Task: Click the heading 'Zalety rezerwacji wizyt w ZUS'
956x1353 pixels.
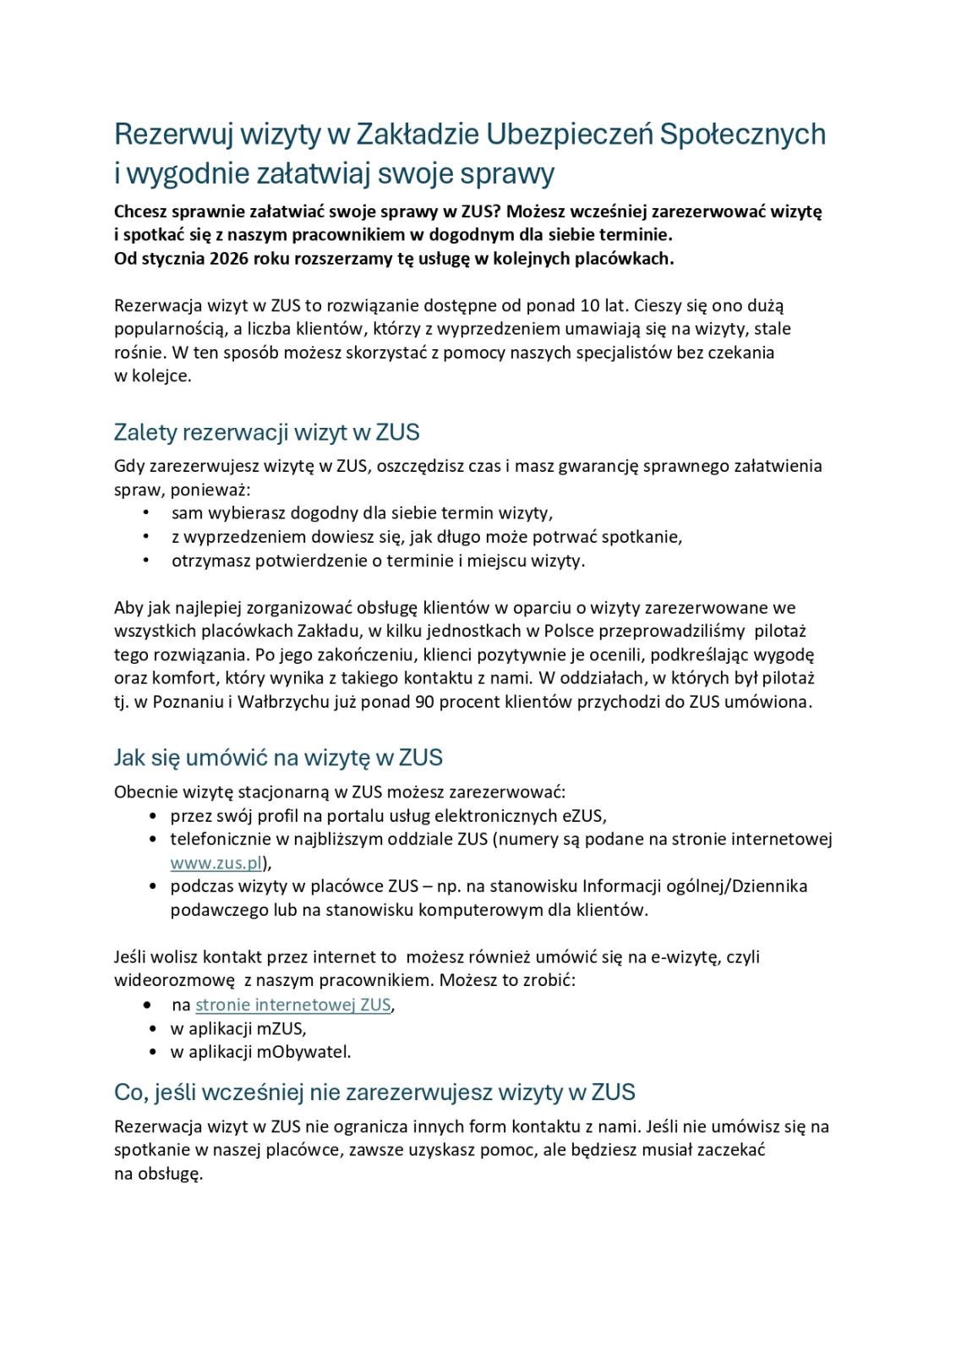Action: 266,432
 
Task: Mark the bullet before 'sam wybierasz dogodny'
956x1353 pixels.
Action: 146,512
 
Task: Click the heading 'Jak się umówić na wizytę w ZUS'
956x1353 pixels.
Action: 278,758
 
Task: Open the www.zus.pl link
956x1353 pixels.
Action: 216,863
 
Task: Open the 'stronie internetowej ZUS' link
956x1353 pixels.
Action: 292,1005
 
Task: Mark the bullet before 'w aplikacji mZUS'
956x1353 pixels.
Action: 152,1029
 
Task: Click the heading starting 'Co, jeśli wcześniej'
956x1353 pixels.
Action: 374,1093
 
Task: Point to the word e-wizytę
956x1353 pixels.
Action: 685,957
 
